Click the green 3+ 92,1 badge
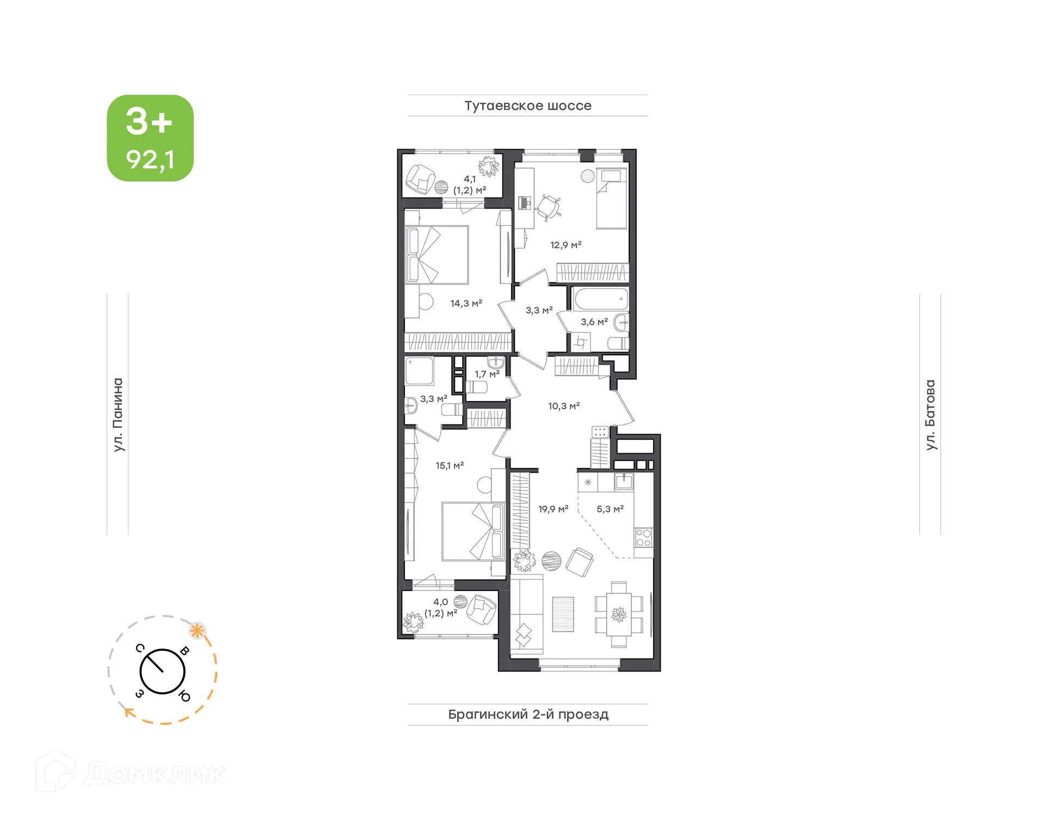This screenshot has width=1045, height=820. click(x=150, y=138)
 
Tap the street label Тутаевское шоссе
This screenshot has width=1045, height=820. click(x=527, y=106)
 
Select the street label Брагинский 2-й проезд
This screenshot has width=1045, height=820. click(x=527, y=714)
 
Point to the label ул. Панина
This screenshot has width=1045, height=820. click(x=118, y=415)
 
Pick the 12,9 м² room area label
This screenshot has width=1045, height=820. click(x=565, y=245)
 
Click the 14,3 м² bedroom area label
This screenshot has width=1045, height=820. click(x=466, y=303)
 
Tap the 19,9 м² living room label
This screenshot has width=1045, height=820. click(x=553, y=509)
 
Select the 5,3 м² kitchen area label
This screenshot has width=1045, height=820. click(x=610, y=509)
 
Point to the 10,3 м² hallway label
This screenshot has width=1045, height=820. click(x=563, y=406)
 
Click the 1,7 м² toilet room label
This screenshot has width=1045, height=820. click(x=487, y=374)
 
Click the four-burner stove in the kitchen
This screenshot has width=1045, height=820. click(x=643, y=538)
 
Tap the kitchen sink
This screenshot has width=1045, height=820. click(x=624, y=482)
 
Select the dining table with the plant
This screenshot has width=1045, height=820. click(x=619, y=614)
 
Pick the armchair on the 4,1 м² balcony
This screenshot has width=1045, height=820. click(x=420, y=178)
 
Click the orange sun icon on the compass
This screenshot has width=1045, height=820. click(x=197, y=631)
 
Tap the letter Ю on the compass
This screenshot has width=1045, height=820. click(x=185, y=696)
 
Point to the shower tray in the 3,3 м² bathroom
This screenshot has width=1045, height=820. click(x=419, y=371)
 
